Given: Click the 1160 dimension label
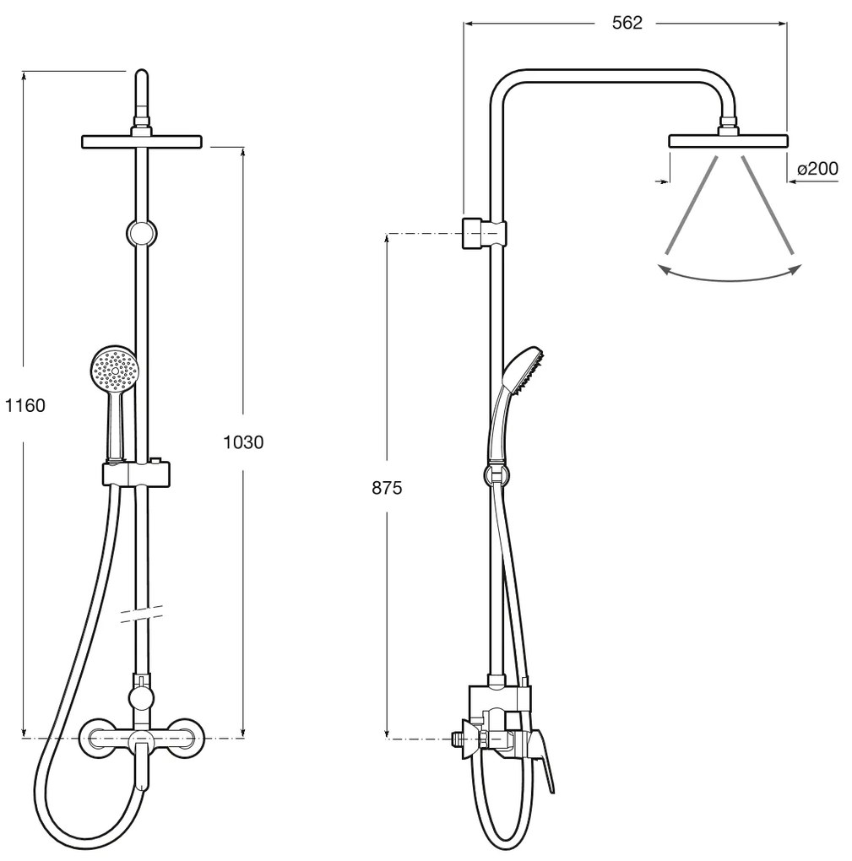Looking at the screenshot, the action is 25,405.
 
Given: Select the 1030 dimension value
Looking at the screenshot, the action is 243,441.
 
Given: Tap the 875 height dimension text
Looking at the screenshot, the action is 387,488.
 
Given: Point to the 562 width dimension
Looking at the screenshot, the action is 627,23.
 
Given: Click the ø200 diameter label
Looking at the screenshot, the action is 817,168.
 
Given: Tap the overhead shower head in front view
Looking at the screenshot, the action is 142,142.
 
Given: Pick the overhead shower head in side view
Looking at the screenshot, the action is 729,141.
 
